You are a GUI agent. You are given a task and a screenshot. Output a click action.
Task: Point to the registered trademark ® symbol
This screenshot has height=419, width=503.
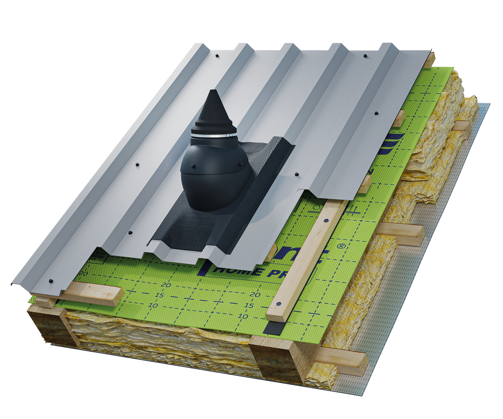tap(343, 247)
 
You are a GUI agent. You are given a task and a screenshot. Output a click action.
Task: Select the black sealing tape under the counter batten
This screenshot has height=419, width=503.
tap(271, 327)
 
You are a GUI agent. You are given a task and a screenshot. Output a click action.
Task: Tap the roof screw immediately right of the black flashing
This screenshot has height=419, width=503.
tap(296, 173)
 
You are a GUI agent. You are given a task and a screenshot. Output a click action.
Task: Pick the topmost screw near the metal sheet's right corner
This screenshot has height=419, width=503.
tap(365, 55)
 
